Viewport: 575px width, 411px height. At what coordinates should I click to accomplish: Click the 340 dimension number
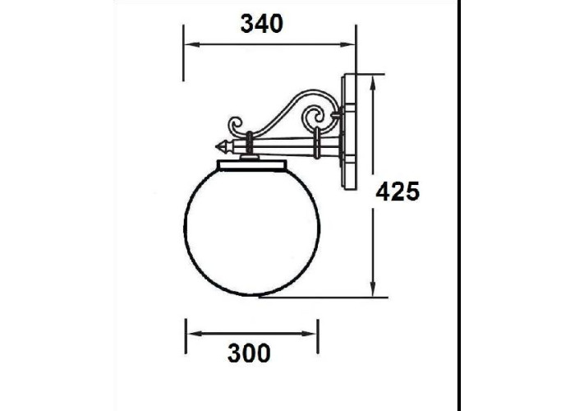[x=262, y=24]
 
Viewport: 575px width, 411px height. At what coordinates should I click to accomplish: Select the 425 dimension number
[x=398, y=192]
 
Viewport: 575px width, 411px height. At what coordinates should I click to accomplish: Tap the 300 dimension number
[x=249, y=353]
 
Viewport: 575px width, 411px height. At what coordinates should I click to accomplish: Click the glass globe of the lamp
[x=252, y=232]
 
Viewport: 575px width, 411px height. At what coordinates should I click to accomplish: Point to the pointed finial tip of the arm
[x=217, y=147]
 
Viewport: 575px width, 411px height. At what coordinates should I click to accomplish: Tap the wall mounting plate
[x=349, y=132]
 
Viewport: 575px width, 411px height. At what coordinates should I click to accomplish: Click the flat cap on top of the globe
[x=252, y=165]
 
